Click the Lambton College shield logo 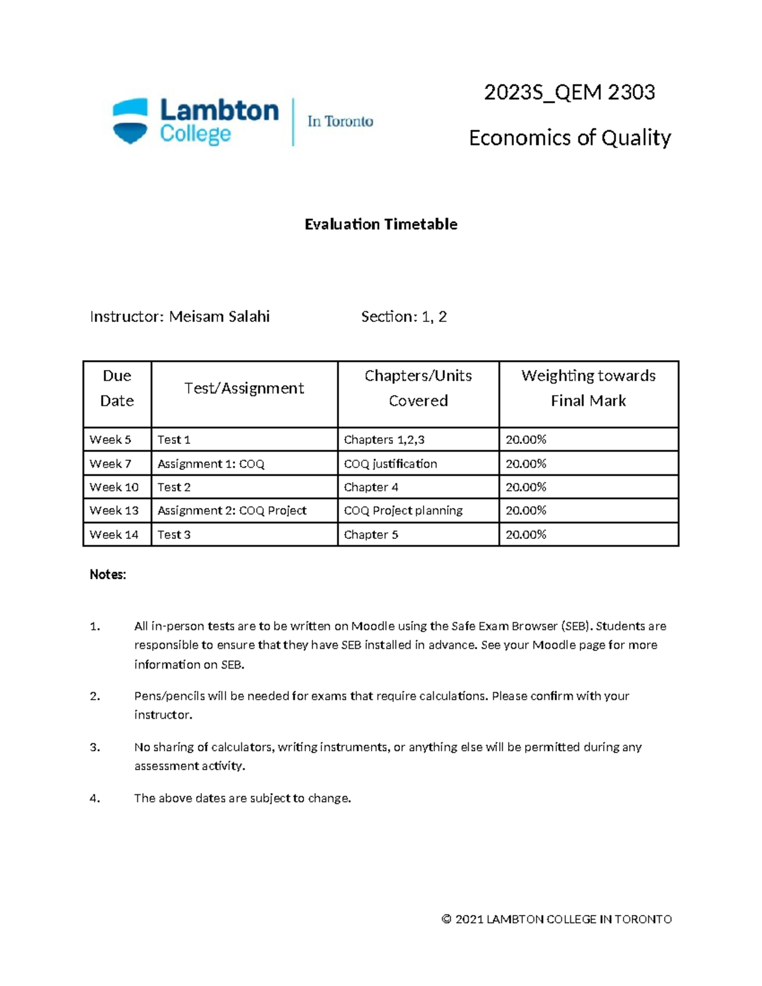130,121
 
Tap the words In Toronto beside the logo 340,121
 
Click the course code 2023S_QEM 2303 569,93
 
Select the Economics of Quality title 570,138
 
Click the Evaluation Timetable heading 381,224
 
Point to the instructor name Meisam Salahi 219,317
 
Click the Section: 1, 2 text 404,317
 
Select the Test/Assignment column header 244,389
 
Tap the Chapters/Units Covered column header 418,388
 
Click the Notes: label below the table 108,575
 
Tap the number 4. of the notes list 95,798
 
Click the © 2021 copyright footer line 556,919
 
